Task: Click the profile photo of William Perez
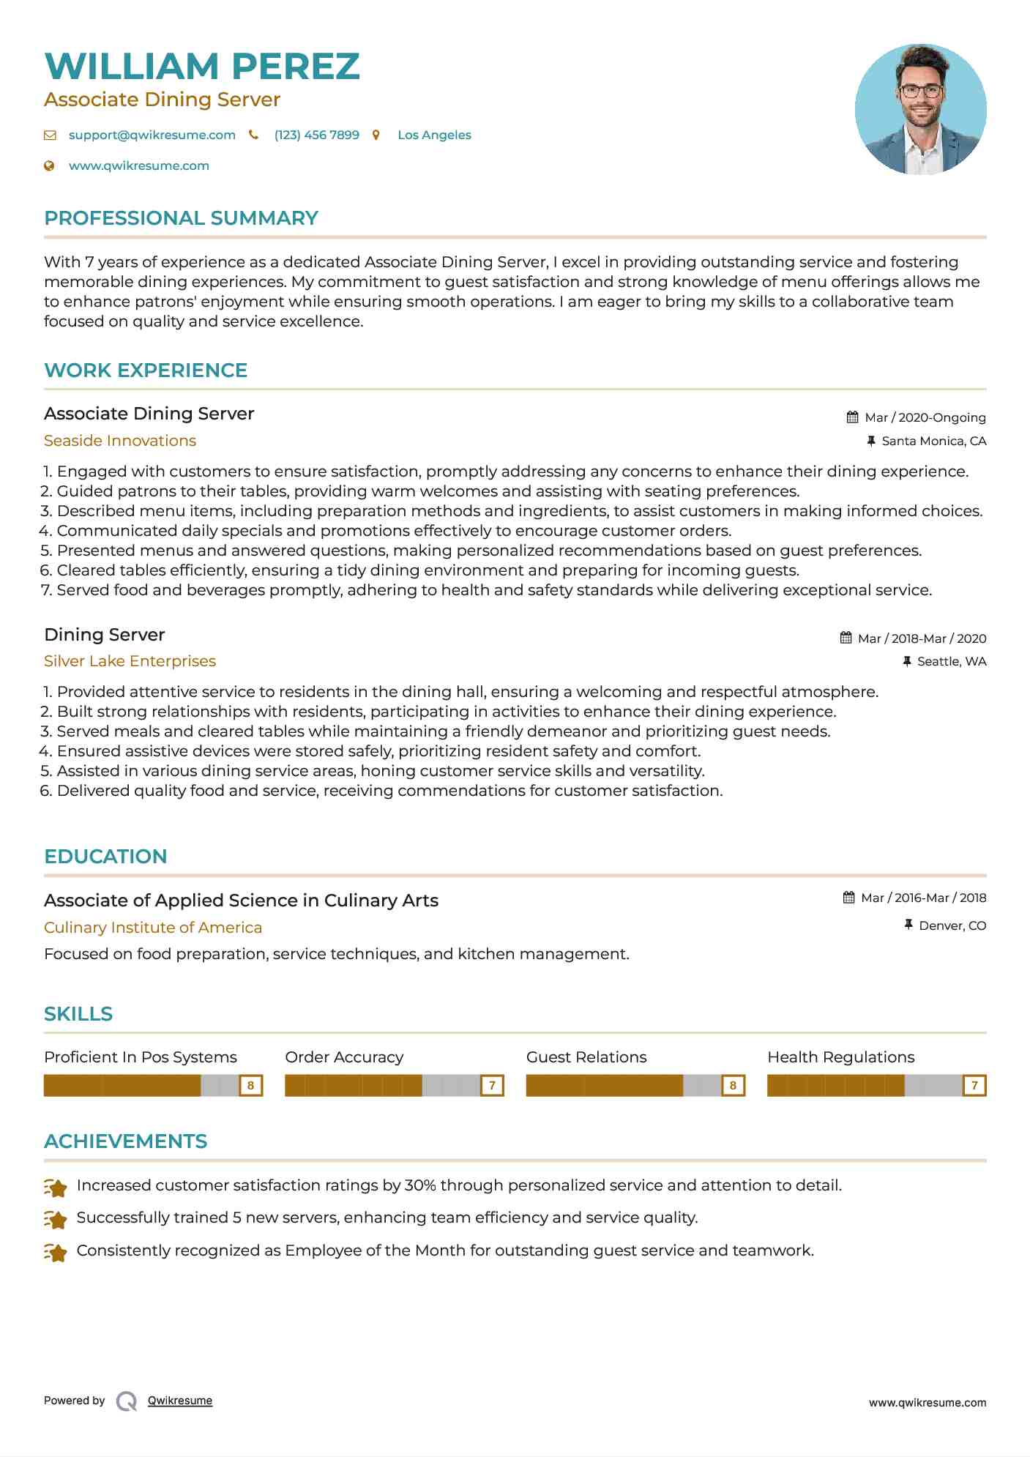click(x=920, y=109)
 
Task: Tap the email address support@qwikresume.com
click(x=152, y=135)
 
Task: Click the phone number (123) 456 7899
click(x=316, y=135)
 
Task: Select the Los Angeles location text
click(x=434, y=135)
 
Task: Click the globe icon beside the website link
click(x=49, y=166)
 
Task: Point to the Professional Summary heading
click(x=181, y=218)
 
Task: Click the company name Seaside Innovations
click(x=120, y=441)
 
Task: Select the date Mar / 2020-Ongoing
click(x=925, y=417)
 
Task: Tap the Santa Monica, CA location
click(x=933, y=441)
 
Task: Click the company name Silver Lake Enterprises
click(x=130, y=661)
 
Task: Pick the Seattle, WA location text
click(x=951, y=661)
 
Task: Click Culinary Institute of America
click(x=153, y=928)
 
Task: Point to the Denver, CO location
click(x=952, y=925)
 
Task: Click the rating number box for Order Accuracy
click(x=492, y=1085)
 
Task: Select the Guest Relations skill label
click(x=586, y=1057)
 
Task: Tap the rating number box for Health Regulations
click(x=974, y=1085)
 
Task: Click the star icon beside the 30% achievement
click(x=56, y=1187)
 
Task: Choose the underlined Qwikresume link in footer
click(x=180, y=1401)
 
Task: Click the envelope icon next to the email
click(x=50, y=135)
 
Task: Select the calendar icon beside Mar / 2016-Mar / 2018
click(x=848, y=898)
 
